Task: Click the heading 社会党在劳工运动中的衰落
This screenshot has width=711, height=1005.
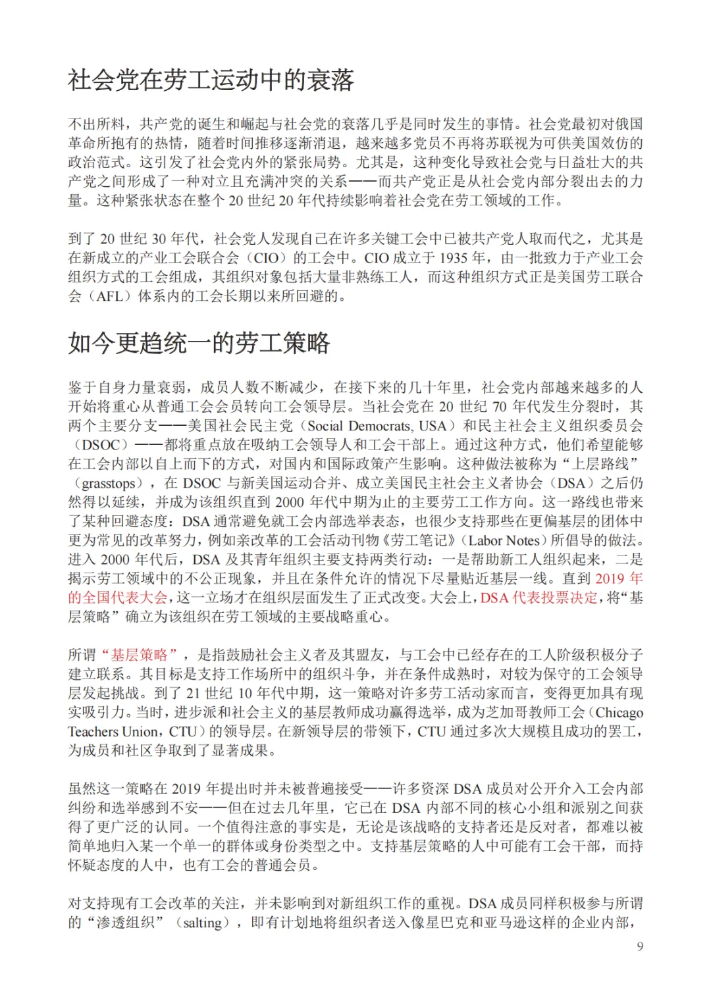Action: point(211,80)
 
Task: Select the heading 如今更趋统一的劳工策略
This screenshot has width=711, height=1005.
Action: point(199,343)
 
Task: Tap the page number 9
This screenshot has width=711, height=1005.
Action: point(640,946)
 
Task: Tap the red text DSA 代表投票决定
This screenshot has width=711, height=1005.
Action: point(539,598)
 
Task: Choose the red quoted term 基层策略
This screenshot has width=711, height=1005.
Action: point(140,655)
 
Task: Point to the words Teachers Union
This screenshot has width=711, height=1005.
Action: point(113,732)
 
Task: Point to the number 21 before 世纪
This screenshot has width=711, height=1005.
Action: point(193,693)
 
